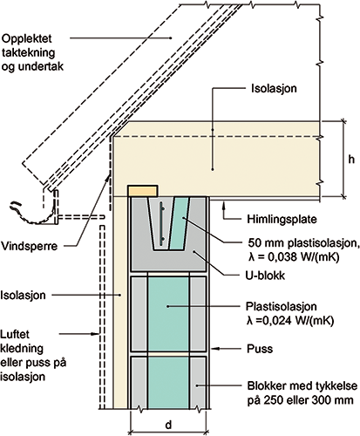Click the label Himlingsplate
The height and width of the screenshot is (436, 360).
(x=282, y=219)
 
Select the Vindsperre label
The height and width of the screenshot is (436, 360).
(x=30, y=247)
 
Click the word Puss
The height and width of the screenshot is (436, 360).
(x=260, y=349)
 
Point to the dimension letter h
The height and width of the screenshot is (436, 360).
(x=351, y=160)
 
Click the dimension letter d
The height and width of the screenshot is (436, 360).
(x=168, y=425)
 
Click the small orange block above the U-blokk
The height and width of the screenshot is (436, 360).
(x=143, y=191)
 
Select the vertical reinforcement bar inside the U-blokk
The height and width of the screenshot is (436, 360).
(x=160, y=223)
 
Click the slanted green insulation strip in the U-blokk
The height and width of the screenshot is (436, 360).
(x=180, y=223)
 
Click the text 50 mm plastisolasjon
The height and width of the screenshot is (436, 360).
(x=303, y=242)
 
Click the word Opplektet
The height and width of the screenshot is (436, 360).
(x=27, y=39)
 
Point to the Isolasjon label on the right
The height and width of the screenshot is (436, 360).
(x=274, y=88)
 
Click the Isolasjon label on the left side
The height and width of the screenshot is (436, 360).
(x=23, y=295)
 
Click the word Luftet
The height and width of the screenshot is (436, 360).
(x=15, y=334)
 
